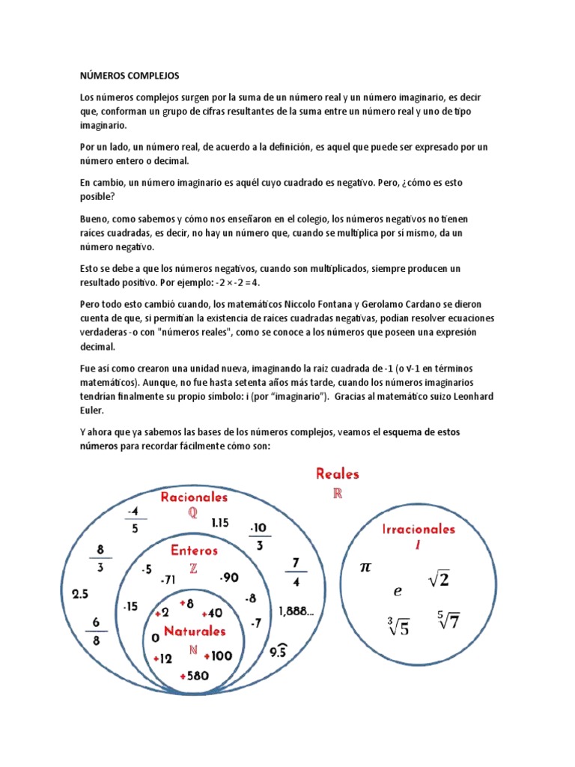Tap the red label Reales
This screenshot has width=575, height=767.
337,473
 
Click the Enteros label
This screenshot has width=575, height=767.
194,551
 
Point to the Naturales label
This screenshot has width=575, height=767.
195,631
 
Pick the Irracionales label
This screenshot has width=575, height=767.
419,529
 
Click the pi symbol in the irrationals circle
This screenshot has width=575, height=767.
365,568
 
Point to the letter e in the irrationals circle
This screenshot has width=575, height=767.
398,591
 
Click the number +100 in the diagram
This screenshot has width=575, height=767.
218,656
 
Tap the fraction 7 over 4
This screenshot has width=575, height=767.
296,571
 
